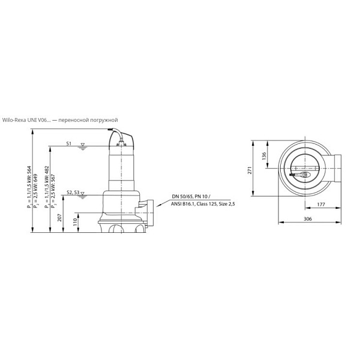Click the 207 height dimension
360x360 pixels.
pos(59,217)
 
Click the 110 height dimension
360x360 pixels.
pos(75,222)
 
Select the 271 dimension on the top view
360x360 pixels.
pos(250,170)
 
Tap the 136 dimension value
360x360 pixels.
pos(264,156)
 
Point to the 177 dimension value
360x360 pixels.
pos(321,205)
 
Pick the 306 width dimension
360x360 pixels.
pos(308,219)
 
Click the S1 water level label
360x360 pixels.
pos(69,143)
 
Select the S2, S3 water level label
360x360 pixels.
pos(73,193)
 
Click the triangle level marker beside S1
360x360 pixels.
pos(83,145)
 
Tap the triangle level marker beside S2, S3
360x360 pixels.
pos(82,194)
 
